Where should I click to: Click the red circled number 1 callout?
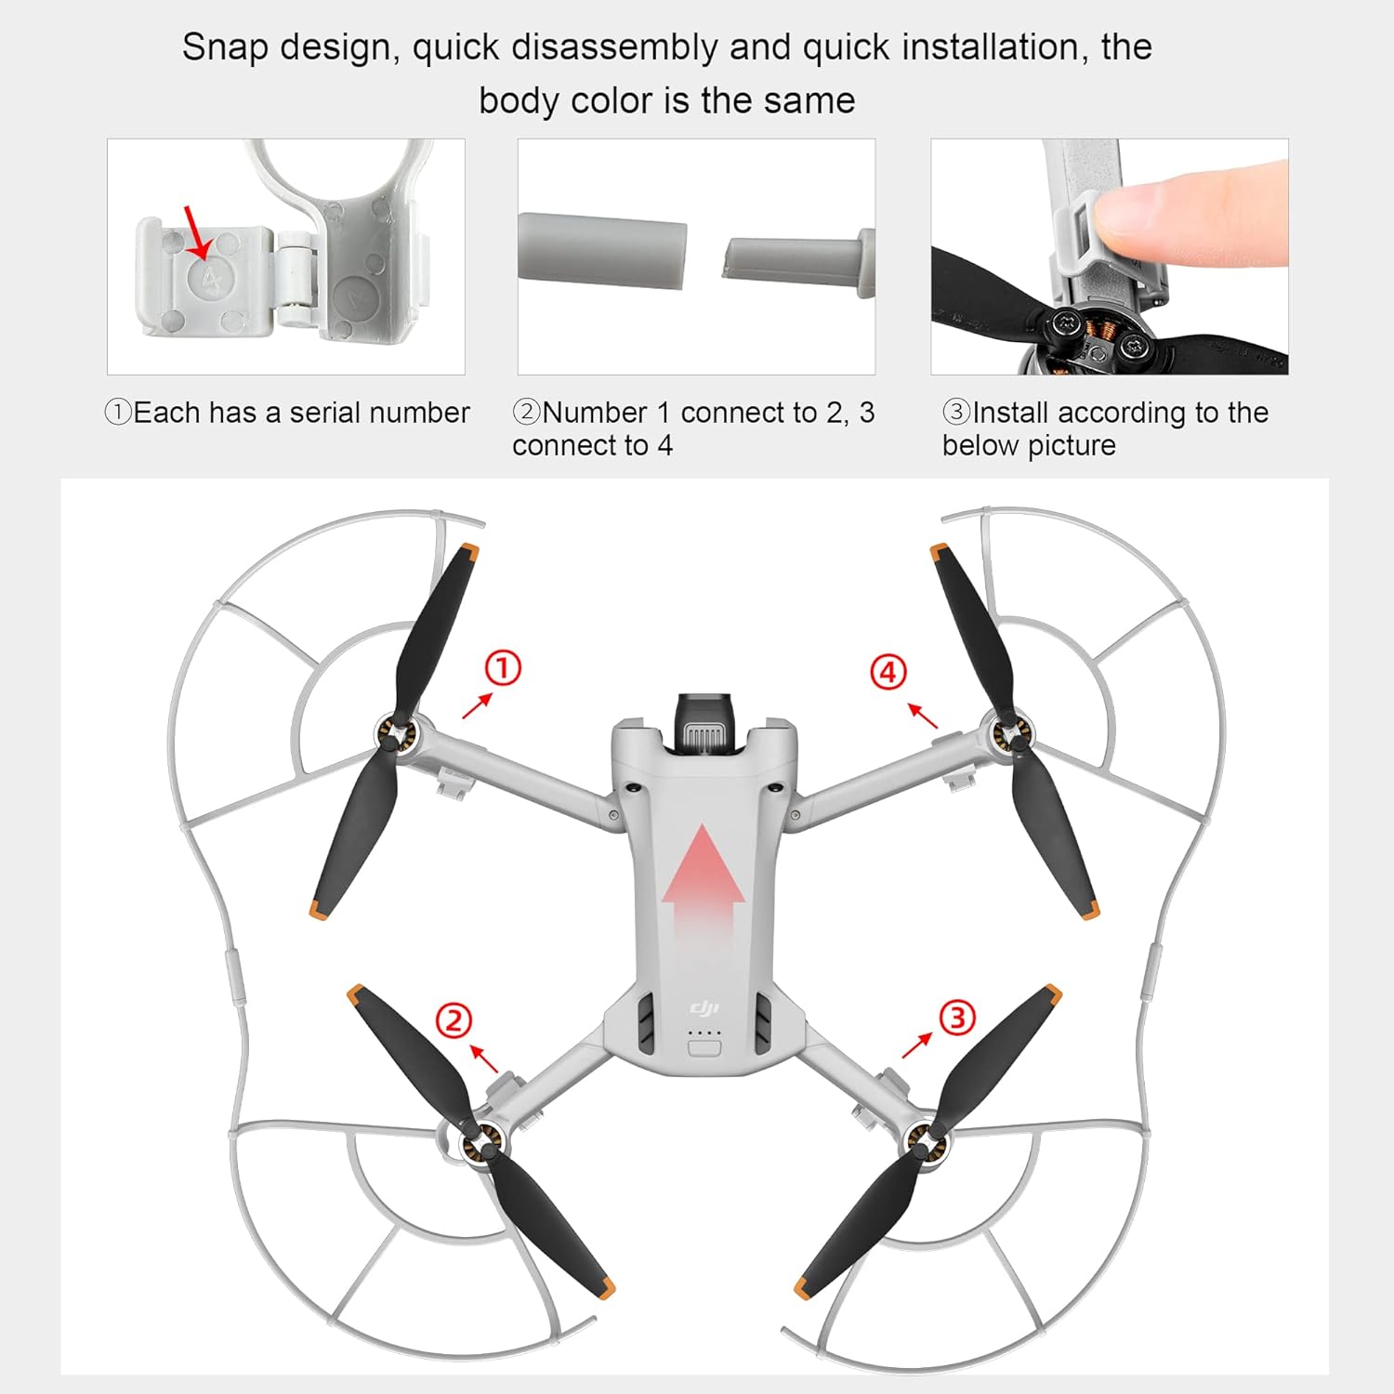(x=503, y=668)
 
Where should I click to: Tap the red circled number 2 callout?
(x=454, y=1020)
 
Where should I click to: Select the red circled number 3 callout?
(x=957, y=1017)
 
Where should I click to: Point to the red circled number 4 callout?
(x=888, y=672)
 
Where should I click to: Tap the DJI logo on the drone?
(x=704, y=1008)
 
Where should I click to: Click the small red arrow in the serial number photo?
(x=197, y=232)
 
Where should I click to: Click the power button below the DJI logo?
(x=704, y=1048)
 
